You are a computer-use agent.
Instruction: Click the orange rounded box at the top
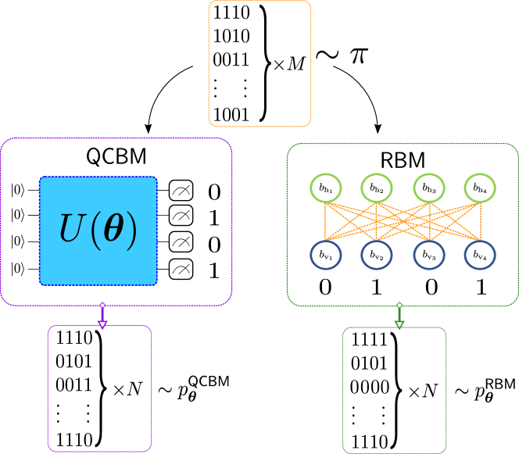[x=259, y=63]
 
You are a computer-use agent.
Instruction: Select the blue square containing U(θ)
[x=98, y=231]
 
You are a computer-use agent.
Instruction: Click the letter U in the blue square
[x=73, y=230]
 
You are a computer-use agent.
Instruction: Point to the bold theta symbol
[x=114, y=231]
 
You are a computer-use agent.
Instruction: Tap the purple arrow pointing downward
[x=102, y=316]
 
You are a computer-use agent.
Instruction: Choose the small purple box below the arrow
[x=99, y=388]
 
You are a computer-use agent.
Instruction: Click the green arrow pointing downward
[x=399, y=316]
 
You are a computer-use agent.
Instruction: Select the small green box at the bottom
[x=395, y=390]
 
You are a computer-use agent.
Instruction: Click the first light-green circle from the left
[x=326, y=188]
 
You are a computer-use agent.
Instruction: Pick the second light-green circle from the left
[x=377, y=188]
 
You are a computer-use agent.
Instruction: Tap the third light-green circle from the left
[x=429, y=188]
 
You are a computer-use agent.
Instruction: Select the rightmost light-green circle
[x=480, y=188]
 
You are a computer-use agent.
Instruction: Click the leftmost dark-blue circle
[x=326, y=255]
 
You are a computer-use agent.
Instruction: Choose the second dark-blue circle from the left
[x=377, y=255]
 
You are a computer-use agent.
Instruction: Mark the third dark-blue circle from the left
[x=429, y=255]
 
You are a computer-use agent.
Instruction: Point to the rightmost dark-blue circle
[x=480, y=255]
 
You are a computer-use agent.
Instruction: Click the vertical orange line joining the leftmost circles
[x=326, y=221]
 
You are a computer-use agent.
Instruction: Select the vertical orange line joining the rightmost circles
[x=480, y=221]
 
